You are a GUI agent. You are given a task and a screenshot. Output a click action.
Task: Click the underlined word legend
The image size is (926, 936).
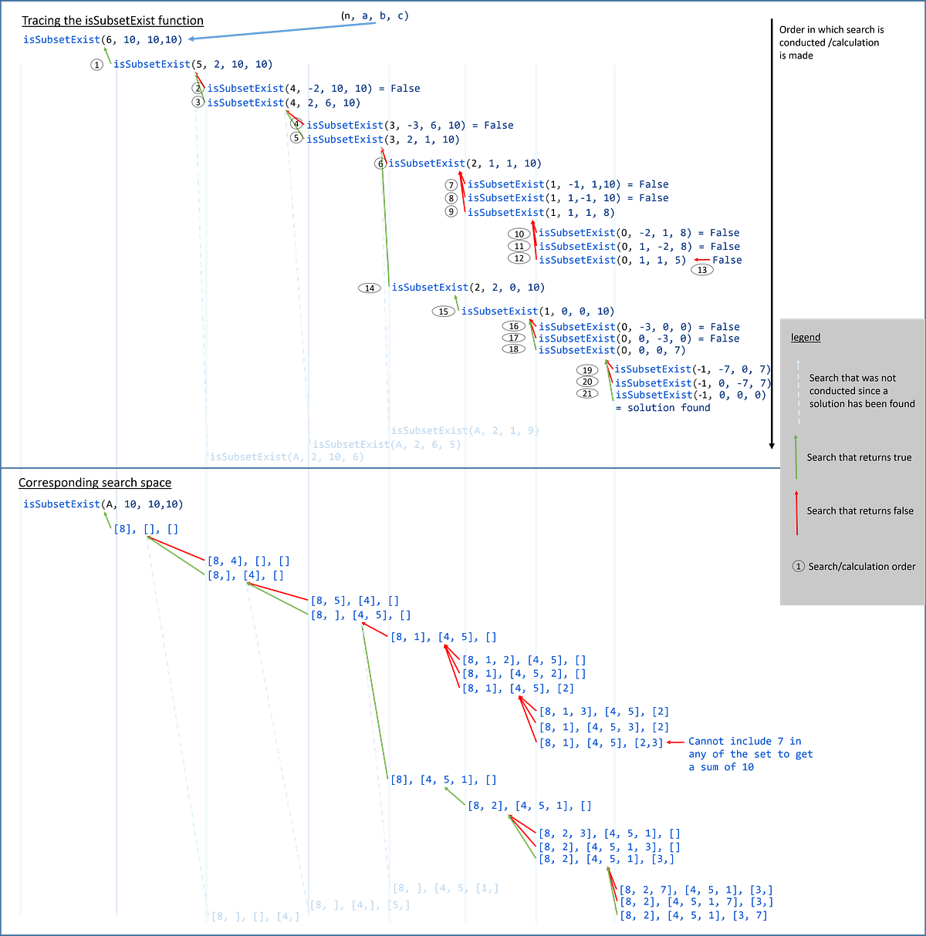pos(806,338)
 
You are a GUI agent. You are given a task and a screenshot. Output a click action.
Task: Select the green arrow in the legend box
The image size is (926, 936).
pos(796,457)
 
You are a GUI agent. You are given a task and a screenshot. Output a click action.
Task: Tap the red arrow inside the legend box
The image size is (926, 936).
pos(796,511)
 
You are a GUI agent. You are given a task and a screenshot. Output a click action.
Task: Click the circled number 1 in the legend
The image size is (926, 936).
pos(799,567)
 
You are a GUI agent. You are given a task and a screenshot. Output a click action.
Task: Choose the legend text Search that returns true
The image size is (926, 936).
pos(859,457)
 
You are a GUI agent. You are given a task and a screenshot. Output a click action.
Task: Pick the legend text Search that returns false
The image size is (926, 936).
pos(860,511)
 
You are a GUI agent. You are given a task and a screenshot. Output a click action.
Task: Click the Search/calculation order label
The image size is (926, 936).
pos(862,567)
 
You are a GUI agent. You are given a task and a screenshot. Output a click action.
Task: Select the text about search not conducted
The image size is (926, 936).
pos(861,391)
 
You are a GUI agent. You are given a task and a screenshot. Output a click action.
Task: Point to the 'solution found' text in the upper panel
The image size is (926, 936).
pos(664,409)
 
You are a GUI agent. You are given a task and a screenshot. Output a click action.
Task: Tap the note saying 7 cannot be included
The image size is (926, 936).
pos(749,754)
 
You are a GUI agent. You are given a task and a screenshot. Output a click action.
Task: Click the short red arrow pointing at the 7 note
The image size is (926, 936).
pos(674,742)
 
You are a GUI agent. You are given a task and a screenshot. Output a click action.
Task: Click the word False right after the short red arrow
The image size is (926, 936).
pos(726,261)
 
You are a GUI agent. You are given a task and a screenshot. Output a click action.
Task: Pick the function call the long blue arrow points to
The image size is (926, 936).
pos(103,39)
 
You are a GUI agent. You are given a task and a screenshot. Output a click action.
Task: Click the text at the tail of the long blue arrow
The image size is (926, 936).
pos(382,15)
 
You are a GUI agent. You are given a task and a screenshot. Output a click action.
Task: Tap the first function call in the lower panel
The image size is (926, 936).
pos(103,504)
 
